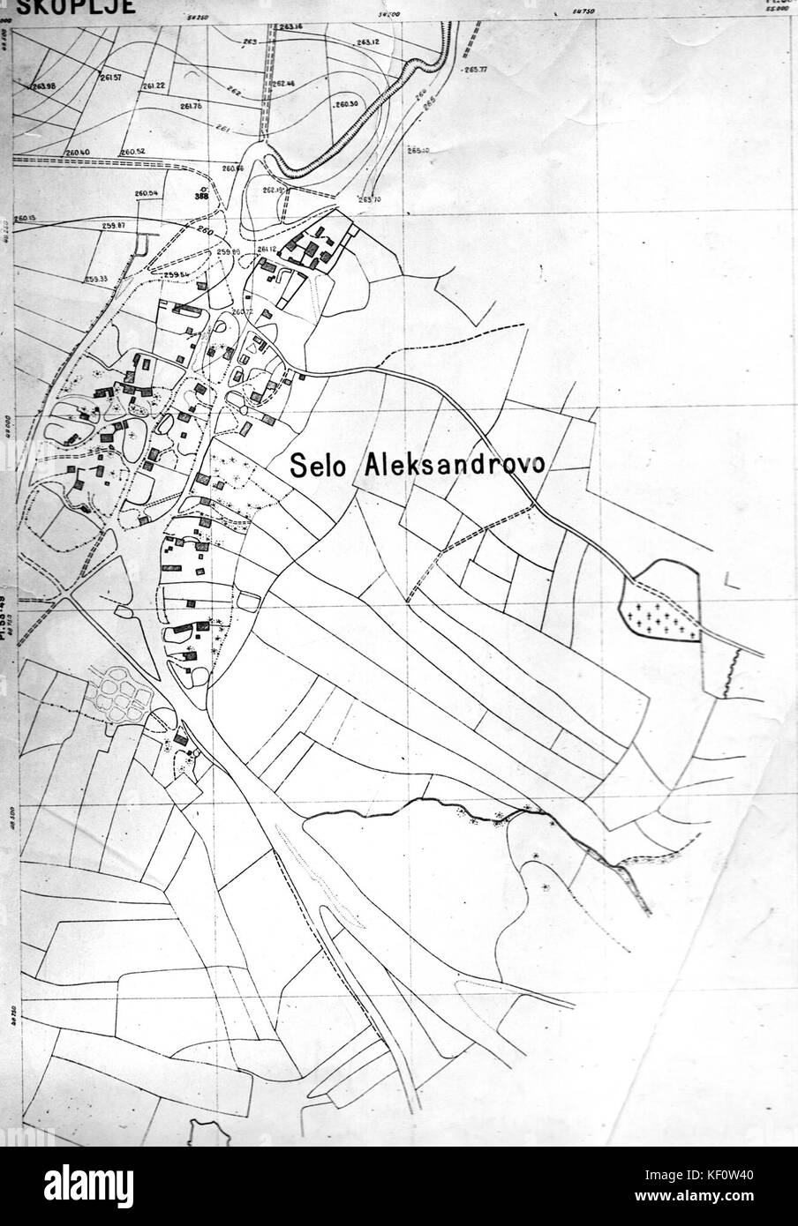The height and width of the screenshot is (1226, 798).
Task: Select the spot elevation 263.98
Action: (41, 86)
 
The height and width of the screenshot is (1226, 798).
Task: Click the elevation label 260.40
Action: (78, 152)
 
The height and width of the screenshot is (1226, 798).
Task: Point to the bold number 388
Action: (203, 197)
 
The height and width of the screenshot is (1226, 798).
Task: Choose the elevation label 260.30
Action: (347, 104)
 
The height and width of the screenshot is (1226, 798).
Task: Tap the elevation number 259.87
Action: (115, 226)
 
